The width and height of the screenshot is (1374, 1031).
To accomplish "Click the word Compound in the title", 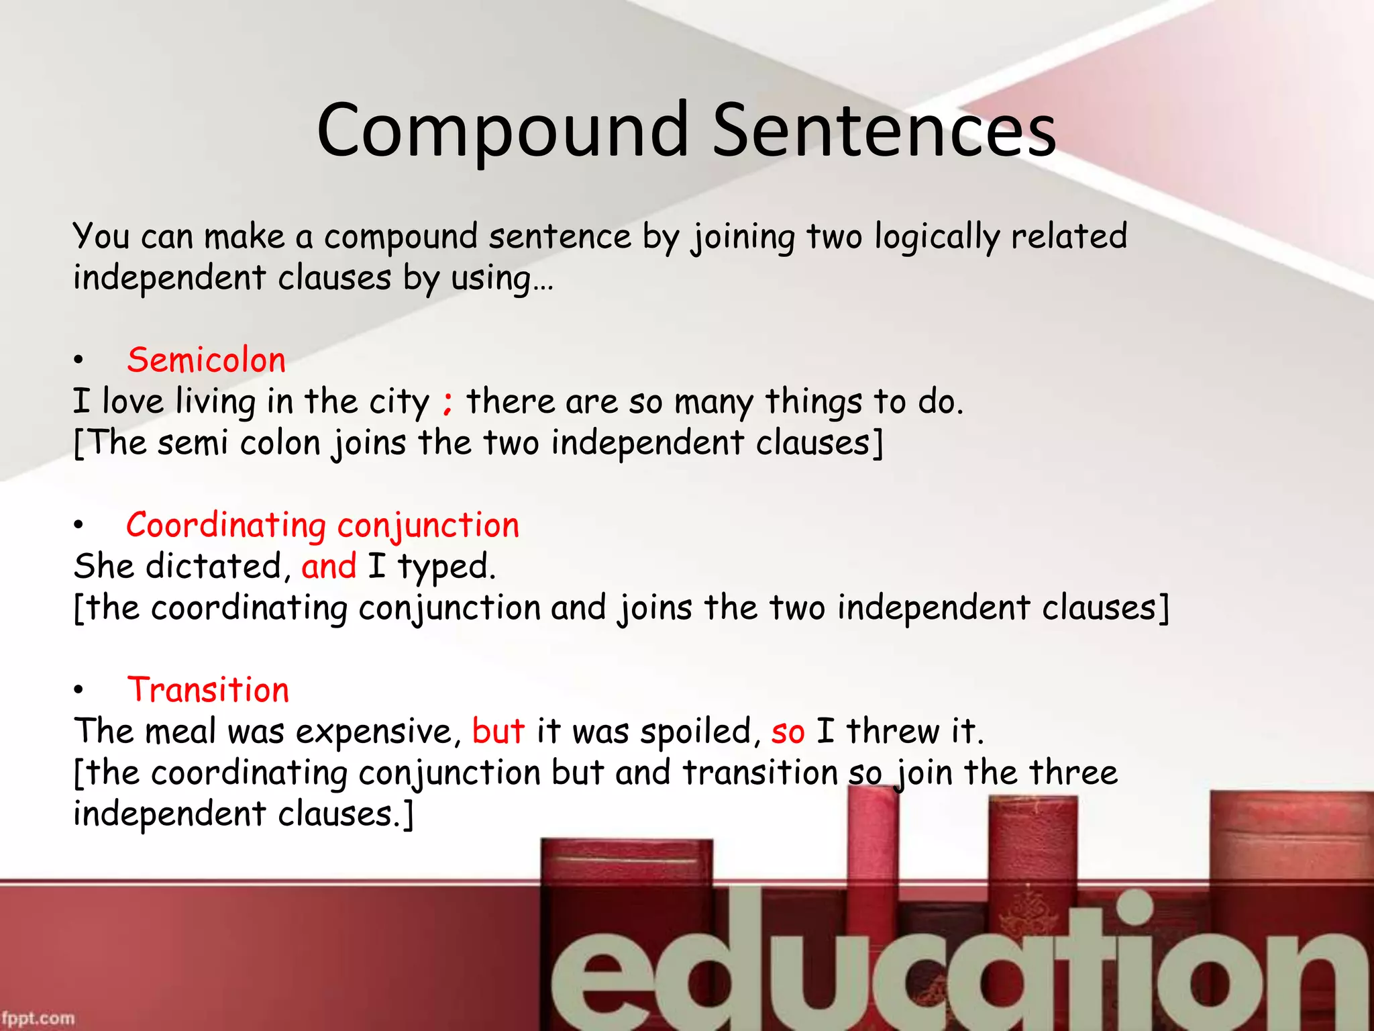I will (x=503, y=130).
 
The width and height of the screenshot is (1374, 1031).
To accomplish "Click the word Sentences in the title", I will (x=884, y=130).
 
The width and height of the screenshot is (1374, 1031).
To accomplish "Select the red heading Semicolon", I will (x=206, y=360).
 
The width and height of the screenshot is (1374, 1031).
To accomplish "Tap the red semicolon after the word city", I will (x=447, y=403).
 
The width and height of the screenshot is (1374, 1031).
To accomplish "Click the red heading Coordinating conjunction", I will (x=323, y=526).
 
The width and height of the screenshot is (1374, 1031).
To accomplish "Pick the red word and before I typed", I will (x=329, y=567).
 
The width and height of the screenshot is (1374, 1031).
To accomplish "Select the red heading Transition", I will (x=208, y=690).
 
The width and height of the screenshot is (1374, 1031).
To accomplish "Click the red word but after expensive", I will (x=498, y=731).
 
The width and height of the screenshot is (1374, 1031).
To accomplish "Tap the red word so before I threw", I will (x=788, y=732).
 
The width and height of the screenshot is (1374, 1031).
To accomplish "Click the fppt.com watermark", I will (x=38, y=1018).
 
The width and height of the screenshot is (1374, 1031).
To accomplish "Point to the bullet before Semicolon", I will (x=79, y=361).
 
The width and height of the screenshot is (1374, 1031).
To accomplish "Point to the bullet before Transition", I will (x=79, y=691).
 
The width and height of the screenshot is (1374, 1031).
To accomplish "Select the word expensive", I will (x=378, y=732).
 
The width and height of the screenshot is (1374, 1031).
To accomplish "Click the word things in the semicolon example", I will (x=813, y=403).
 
